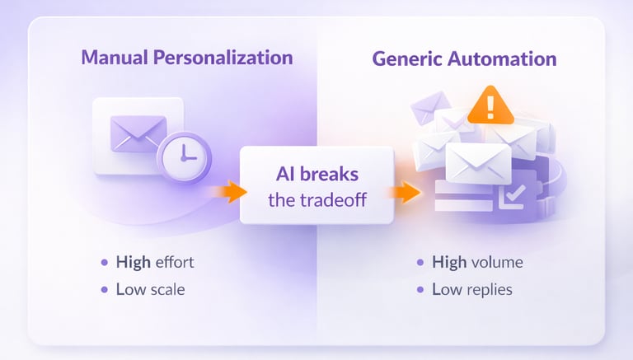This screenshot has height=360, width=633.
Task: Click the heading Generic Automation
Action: click(464, 59)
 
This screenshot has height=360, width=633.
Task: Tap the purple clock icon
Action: click(185, 156)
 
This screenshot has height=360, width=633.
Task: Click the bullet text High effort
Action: click(155, 263)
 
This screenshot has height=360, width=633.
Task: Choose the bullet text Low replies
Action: click(476, 289)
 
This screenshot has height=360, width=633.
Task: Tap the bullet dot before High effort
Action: click(104, 263)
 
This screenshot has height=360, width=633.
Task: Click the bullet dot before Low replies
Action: click(420, 290)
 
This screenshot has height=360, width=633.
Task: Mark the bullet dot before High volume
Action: click(420, 263)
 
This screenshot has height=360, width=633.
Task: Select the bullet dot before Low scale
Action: click(104, 290)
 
